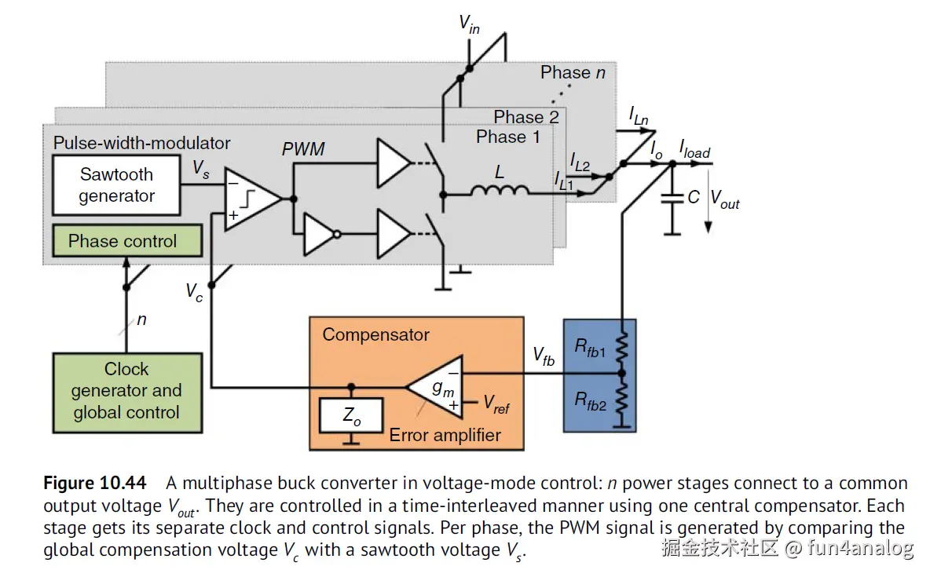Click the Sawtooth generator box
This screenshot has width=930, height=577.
tap(117, 185)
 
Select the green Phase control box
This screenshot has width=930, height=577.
tap(123, 241)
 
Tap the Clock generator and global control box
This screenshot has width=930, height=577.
tap(126, 391)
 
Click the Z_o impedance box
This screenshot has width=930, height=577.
tap(352, 417)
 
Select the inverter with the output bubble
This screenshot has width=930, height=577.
tap(320, 233)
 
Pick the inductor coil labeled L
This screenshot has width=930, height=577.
tap(499, 190)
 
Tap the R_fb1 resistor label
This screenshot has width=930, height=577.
tap(591, 347)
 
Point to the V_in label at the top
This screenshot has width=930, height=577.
tap(470, 24)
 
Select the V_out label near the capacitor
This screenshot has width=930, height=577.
tap(725, 199)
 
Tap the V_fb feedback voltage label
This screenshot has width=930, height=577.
tap(544, 357)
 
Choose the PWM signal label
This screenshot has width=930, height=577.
tap(303, 149)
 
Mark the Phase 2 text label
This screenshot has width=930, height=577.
tap(526, 117)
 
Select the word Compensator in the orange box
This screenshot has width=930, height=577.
tap(375, 334)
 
